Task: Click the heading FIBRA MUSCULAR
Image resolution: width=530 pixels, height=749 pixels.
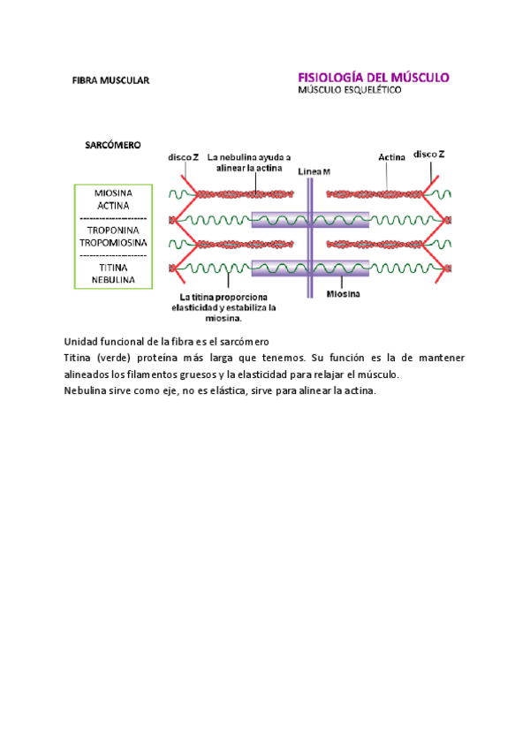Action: (x=111, y=80)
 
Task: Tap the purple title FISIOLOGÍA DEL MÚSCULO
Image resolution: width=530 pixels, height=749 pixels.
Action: (x=375, y=77)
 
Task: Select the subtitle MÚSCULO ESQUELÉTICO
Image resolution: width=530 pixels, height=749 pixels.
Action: (x=348, y=90)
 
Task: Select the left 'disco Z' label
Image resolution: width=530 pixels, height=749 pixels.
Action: (x=184, y=157)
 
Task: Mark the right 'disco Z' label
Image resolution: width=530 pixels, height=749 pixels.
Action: (x=429, y=154)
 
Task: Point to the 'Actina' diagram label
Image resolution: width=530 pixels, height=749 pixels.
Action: (x=391, y=157)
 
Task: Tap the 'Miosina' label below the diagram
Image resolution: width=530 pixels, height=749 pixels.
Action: (x=343, y=294)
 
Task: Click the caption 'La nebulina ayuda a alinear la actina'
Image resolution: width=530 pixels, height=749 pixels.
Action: (x=250, y=163)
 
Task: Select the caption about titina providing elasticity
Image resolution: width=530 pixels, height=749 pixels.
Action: (x=228, y=307)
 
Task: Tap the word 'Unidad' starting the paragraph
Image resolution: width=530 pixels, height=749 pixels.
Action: (x=81, y=342)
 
